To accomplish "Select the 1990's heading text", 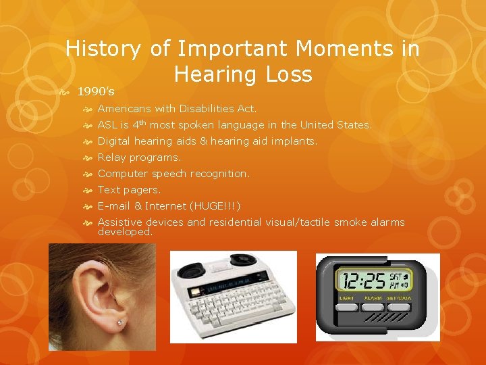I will pyautogui.click(x=95, y=91).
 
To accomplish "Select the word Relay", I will pyautogui.click(x=111, y=157).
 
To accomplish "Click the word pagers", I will pyautogui.click(x=142, y=190).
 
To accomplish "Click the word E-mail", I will pyautogui.click(x=114, y=206).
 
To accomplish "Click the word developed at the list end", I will pyautogui.click(x=125, y=232).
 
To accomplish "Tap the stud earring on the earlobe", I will pyautogui.click(x=119, y=323).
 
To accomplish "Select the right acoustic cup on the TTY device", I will pyautogui.click(x=242, y=260).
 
